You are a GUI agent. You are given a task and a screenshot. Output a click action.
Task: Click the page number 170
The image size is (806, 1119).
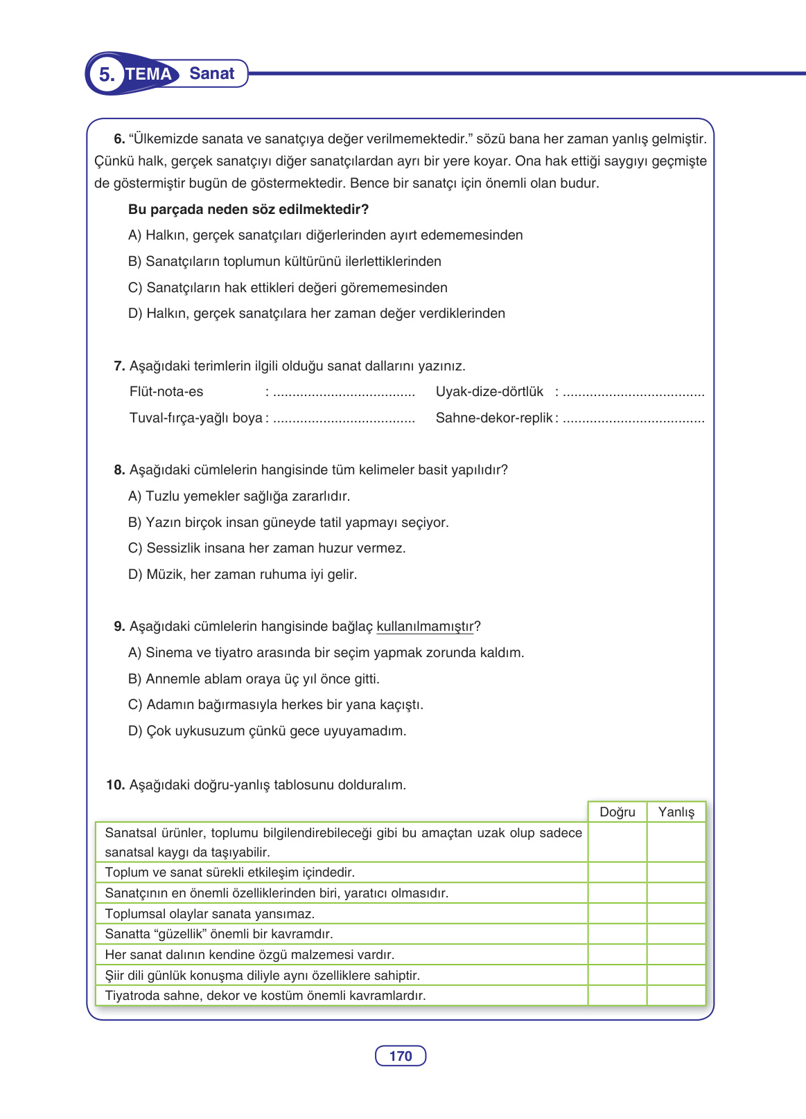pos(401,1056)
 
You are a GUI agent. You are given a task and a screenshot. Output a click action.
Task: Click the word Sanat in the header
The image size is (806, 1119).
pos(211,73)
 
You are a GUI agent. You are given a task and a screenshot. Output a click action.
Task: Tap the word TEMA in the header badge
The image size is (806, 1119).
pos(148,74)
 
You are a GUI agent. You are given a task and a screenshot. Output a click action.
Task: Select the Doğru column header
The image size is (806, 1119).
pos(617,812)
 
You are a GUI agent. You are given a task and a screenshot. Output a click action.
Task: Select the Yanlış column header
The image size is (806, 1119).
pos(676,812)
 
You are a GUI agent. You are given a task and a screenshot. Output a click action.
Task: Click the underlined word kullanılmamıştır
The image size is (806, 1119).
pos(426,627)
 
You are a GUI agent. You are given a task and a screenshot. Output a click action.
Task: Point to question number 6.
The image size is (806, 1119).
pos(119,139)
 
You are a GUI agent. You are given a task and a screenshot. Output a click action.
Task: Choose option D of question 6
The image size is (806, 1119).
pos(316,314)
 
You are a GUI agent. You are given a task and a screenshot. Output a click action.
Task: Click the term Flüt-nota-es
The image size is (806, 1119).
pos(166,392)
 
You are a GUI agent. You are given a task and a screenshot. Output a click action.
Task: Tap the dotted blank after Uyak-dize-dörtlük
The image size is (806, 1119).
pos(633,393)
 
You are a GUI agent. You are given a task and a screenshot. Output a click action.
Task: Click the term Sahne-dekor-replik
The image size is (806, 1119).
pos(494,418)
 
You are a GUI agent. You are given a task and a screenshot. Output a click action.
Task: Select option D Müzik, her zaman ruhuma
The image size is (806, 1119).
pos(243,575)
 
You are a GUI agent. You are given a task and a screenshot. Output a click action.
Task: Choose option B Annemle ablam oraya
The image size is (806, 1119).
pos(254,679)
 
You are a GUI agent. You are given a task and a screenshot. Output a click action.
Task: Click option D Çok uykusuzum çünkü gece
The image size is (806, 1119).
pos(267,731)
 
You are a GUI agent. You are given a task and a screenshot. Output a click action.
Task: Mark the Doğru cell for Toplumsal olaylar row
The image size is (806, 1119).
pos(617,913)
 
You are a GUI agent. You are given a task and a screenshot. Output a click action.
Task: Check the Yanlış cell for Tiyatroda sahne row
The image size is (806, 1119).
pos(676,996)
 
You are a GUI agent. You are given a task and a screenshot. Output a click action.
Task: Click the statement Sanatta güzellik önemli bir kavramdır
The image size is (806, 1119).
pos(219,934)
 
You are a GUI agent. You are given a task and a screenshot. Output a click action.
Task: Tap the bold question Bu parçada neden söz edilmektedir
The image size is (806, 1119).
pos(248,210)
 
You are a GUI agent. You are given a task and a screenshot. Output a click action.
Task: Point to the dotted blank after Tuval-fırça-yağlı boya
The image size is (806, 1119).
pos(344,420)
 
